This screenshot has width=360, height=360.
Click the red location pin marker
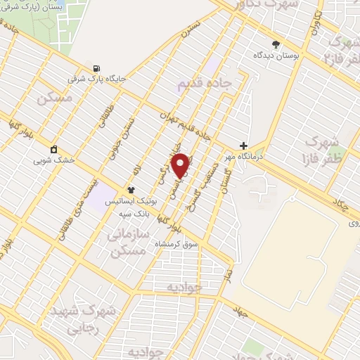tap(181, 165)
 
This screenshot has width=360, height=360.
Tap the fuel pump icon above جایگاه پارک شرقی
tap(95, 69)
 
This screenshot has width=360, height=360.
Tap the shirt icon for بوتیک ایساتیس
tap(130, 190)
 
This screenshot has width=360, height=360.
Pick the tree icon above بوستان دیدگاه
tap(275, 43)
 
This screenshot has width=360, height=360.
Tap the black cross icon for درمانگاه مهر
tap(244, 146)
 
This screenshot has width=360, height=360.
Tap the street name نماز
tap(228, 271)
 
